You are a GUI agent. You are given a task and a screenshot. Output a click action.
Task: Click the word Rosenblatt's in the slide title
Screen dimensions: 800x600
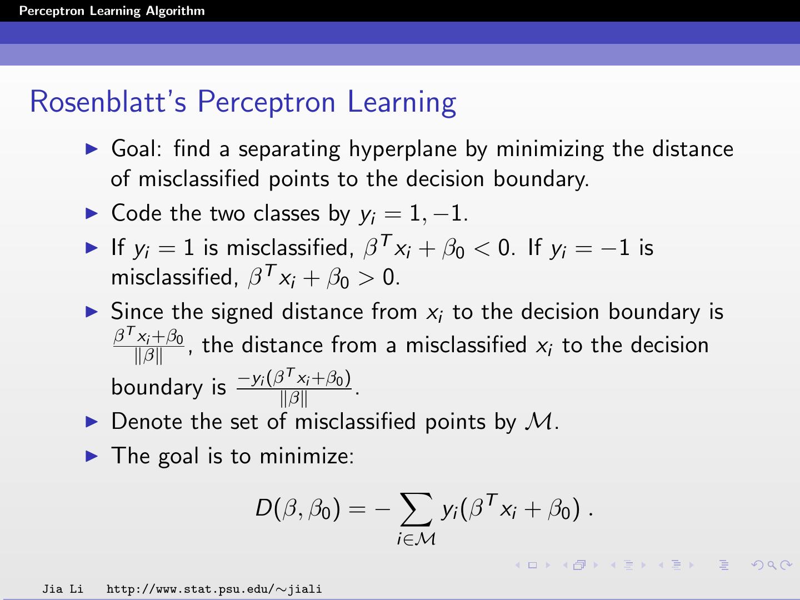[108, 102]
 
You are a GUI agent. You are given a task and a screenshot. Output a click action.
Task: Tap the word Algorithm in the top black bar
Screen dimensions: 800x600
[176, 11]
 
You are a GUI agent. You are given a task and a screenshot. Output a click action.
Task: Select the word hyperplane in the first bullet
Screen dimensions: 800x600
[403, 150]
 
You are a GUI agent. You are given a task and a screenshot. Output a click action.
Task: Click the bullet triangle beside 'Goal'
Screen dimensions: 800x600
[92, 149]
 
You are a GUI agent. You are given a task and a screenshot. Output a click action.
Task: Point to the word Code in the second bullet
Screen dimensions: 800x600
[136, 213]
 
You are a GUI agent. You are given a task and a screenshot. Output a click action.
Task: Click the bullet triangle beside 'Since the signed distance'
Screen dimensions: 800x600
[92, 312]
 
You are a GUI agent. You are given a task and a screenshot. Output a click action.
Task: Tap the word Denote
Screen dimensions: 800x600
[147, 422]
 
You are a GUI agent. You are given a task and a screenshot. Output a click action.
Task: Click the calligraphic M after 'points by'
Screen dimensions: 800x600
[538, 422]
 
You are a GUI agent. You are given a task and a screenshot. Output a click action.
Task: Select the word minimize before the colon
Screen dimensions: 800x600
[306, 456]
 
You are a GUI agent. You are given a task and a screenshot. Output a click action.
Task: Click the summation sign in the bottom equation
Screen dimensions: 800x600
[416, 509]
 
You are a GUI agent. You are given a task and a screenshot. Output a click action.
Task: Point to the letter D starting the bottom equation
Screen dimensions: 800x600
[264, 508]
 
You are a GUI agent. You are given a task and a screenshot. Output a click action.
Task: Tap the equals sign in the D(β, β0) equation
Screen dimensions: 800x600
[357, 509]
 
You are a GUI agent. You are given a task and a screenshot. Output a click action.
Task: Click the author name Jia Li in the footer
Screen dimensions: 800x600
[63, 589]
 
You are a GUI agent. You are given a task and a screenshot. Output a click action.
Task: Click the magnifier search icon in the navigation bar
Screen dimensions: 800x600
[772, 565]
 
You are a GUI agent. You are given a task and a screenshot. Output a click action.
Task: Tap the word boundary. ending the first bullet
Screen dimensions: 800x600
[541, 179]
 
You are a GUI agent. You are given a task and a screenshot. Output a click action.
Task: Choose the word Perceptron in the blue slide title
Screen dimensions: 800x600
[267, 102]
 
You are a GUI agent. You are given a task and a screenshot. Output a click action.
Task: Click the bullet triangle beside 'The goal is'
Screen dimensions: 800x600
[92, 456]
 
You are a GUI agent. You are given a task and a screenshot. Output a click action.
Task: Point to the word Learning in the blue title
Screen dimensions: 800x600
[402, 103]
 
